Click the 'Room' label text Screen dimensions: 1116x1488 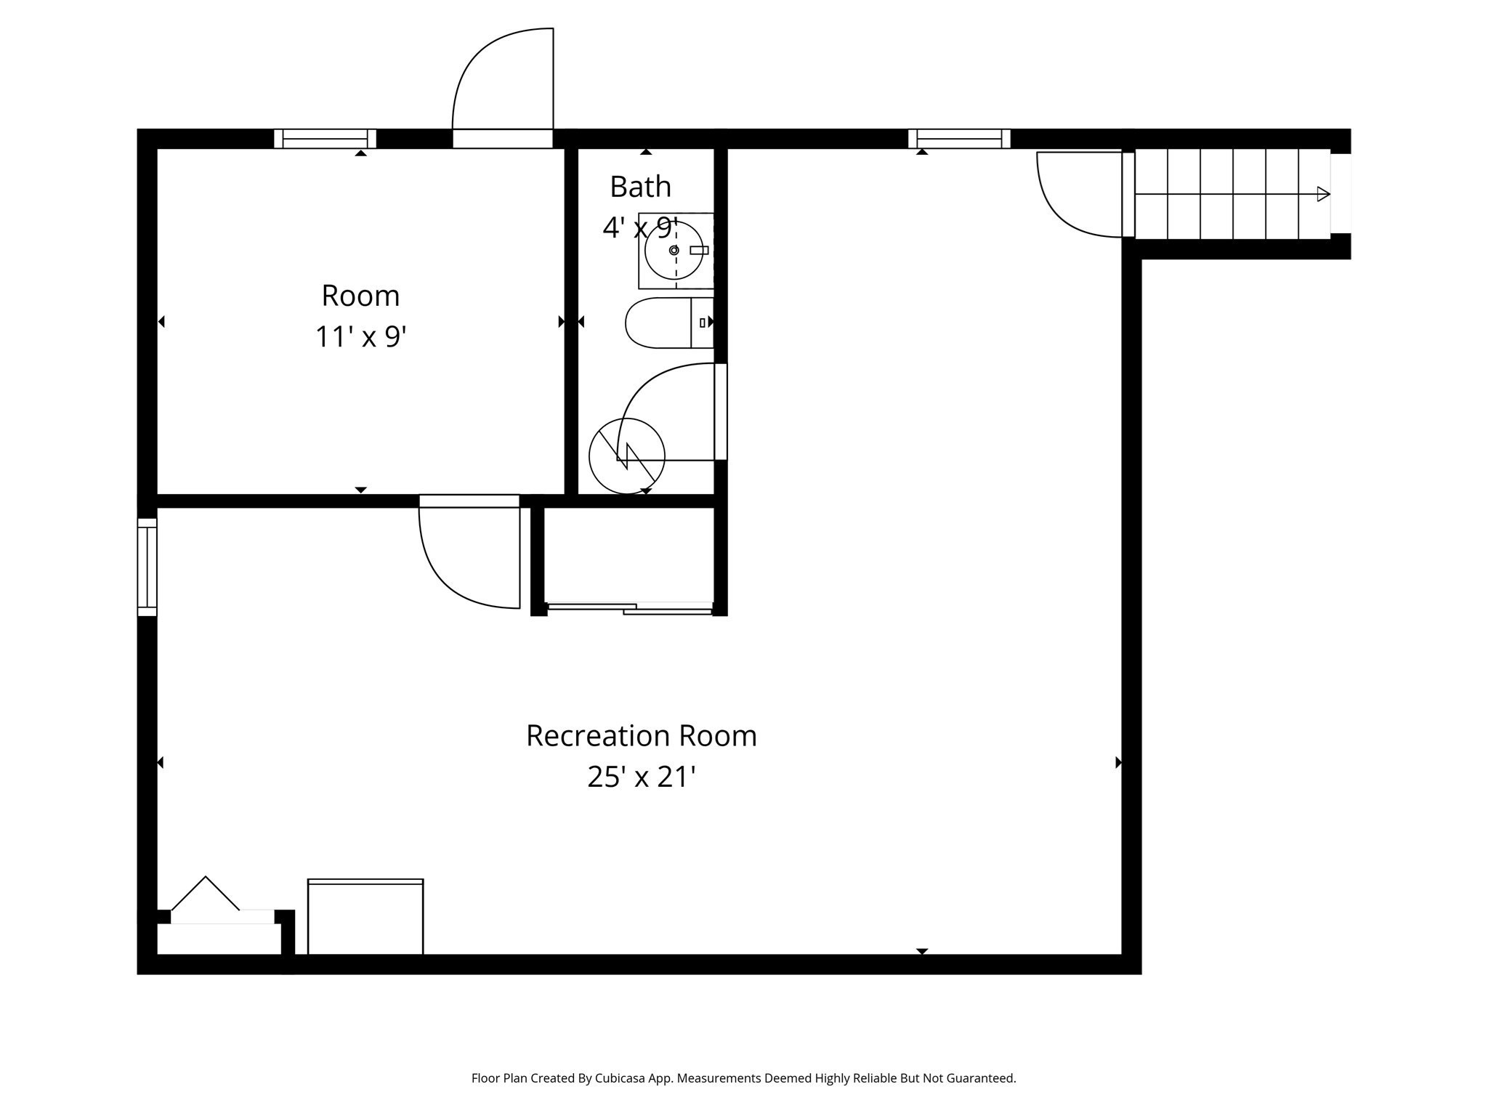coord(360,296)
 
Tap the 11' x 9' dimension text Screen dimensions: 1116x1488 coord(360,337)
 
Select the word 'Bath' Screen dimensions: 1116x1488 coord(640,187)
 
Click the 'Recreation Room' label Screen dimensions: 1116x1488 coord(641,735)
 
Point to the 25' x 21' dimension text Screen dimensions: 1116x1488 coord(641,777)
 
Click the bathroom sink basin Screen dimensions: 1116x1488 coord(674,250)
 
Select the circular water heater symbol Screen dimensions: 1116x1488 coord(626,456)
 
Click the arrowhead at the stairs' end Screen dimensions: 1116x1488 coord(1323,194)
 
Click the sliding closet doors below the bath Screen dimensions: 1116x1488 coord(629,609)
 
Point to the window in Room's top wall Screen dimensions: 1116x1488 coord(325,138)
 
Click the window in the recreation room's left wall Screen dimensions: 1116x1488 coord(147,567)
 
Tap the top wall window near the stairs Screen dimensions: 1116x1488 coord(959,138)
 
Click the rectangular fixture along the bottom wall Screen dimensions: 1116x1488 coord(365,917)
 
